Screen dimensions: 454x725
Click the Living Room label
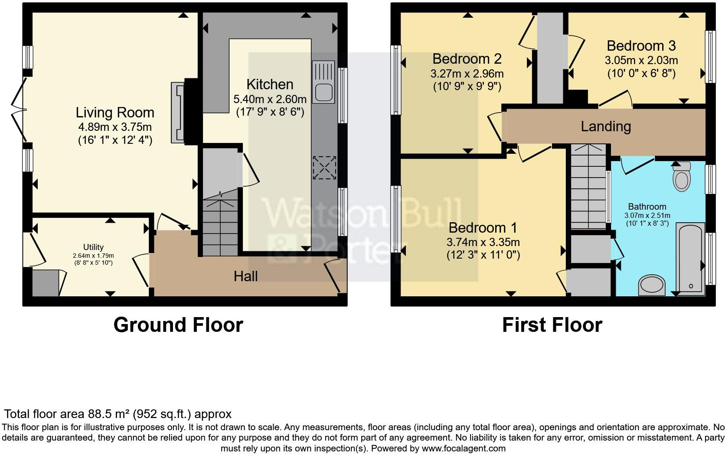(115, 113)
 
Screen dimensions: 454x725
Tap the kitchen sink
(323, 82)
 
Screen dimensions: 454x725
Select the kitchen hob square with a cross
(324, 168)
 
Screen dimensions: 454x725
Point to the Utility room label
(93, 247)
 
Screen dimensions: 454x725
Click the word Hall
(246, 276)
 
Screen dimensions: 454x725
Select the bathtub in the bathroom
(691, 259)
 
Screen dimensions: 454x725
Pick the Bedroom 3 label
(641, 46)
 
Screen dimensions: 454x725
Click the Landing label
(606, 126)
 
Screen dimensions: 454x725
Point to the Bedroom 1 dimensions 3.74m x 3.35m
(483, 242)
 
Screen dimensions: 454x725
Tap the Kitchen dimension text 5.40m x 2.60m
(270, 99)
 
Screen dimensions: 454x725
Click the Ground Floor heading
(178, 325)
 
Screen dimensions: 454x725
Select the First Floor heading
(552, 325)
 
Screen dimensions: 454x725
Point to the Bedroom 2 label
(467, 58)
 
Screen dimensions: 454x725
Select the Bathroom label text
(647, 207)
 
